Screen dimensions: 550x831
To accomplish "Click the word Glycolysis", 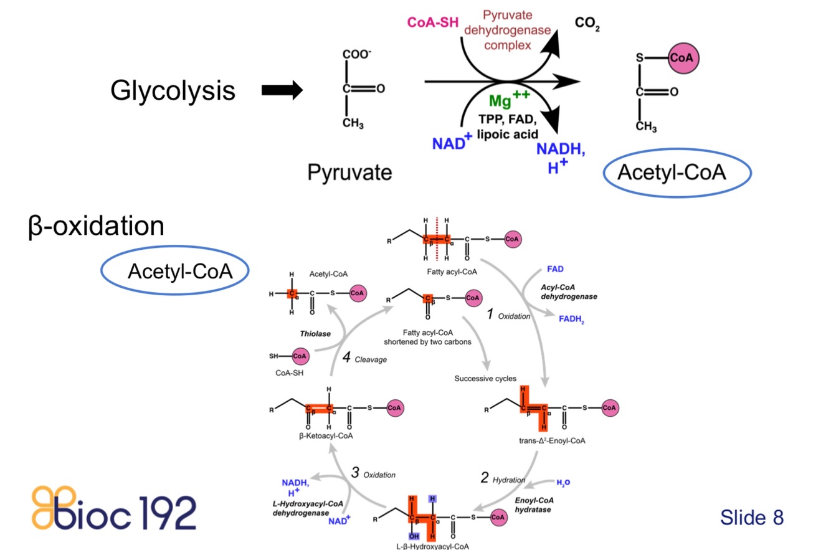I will pos(173,91).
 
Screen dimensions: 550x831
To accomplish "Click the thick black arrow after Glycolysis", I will pos(282,91).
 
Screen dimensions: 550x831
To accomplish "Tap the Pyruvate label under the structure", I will pos(349,172).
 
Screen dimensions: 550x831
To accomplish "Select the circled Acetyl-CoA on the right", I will pos(672,173).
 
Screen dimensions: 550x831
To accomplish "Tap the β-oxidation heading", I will pos(96,225).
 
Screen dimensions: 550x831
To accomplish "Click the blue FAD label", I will pos(555,269).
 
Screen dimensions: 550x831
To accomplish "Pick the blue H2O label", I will pos(563,483).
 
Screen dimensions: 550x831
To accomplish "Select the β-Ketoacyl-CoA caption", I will pos(326,435).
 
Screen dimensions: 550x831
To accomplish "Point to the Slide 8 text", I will pos(751,516).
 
